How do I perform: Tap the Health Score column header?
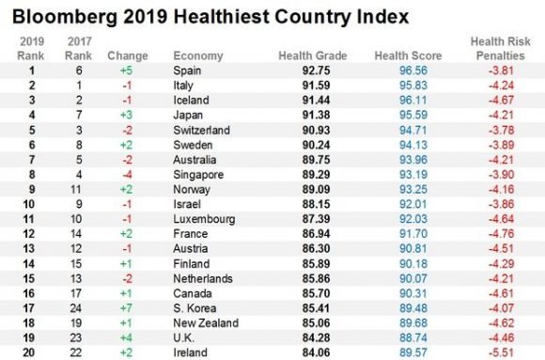(x=401, y=56)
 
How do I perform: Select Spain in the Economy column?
(x=188, y=71)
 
